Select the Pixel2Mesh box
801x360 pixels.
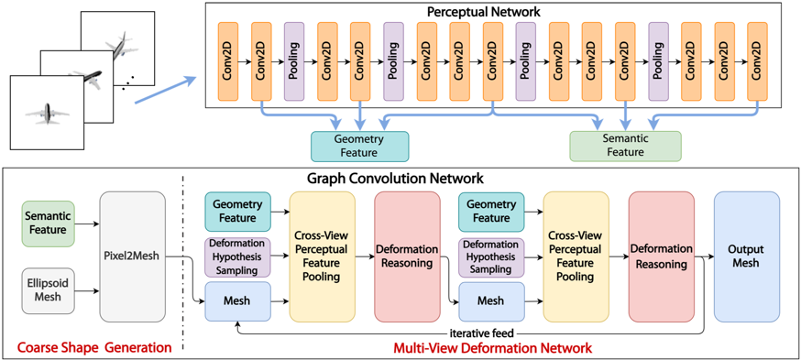[x=132, y=256]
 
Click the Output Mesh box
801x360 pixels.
[x=746, y=256]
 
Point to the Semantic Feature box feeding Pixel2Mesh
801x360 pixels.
[x=48, y=223]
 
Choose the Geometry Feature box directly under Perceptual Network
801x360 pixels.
[x=359, y=146]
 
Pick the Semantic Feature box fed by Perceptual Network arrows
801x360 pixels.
[x=625, y=146]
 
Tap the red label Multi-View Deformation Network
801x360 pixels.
[x=492, y=348]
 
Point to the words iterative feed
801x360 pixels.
[x=481, y=331]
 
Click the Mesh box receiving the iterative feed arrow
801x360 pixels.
[x=237, y=301]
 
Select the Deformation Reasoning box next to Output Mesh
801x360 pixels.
[x=661, y=256]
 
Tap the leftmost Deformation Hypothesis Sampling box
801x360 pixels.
[x=237, y=257]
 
